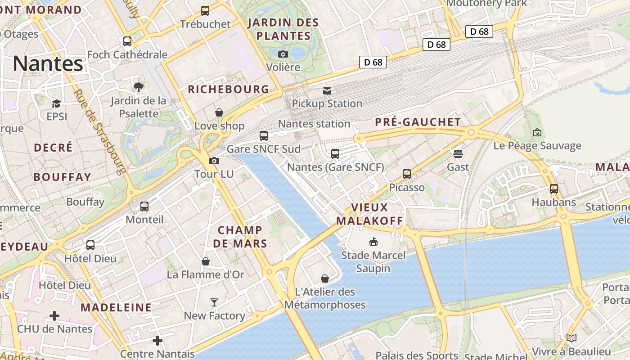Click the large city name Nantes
tap(48, 64)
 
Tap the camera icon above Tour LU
tap(214, 161)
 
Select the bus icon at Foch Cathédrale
tap(127, 41)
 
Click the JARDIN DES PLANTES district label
tap(283, 29)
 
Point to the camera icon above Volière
tap(283, 54)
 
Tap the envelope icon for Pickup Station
tap(327, 91)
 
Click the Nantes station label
tap(314, 124)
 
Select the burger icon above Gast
tap(458, 154)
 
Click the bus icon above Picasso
tap(407, 174)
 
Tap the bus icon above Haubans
tap(554, 189)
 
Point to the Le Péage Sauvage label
tap(537, 146)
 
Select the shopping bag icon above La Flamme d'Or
tap(206, 261)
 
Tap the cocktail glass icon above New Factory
tap(214, 302)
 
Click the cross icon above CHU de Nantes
tap(54, 316)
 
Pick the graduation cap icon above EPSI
tap(56, 104)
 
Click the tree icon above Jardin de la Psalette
tap(139, 87)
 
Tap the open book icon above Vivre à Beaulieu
tap(571, 338)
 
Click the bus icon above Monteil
tap(144, 207)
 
